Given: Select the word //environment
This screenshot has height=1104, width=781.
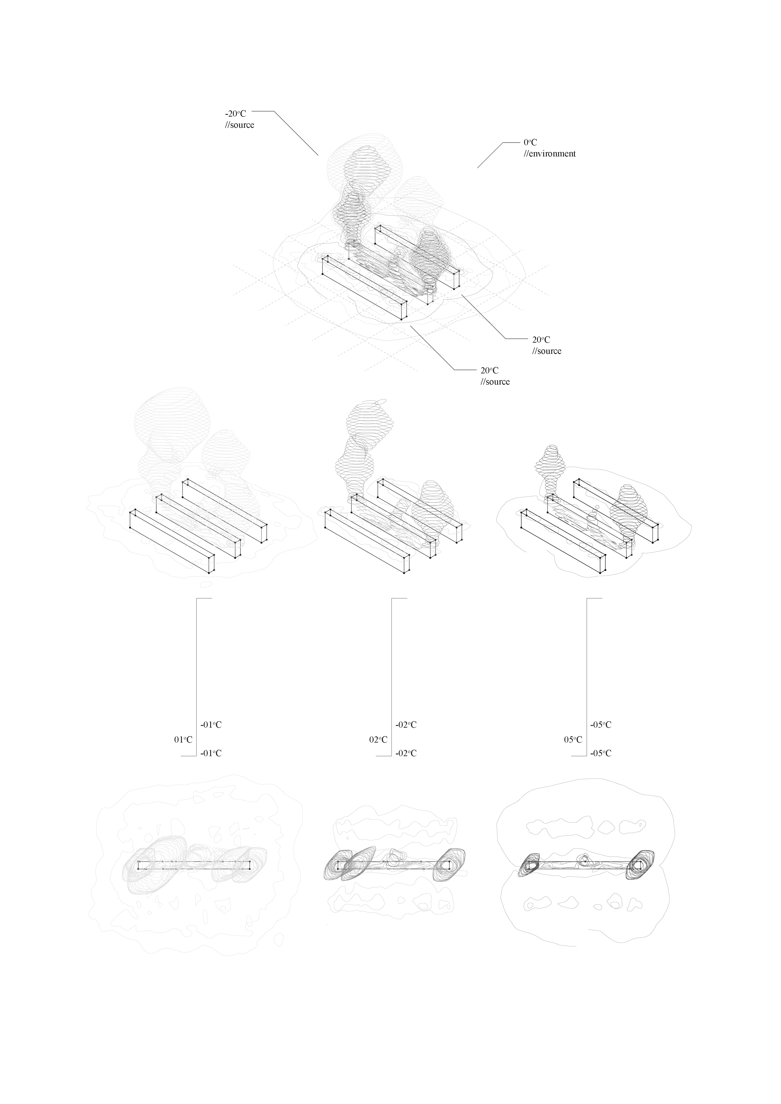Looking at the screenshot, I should click(550, 154).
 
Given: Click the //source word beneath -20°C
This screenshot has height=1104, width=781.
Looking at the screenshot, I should click(239, 125).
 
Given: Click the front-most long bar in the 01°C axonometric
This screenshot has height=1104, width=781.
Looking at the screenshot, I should click(172, 541).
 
